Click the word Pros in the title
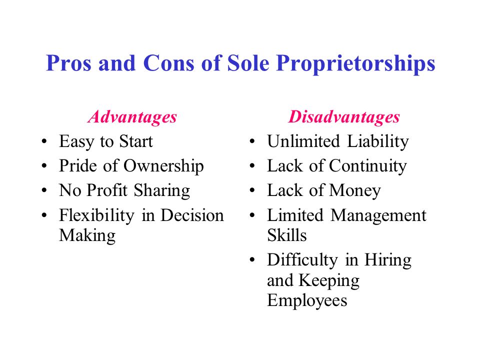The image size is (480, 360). (x=66, y=64)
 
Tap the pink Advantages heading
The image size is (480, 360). (x=132, y=116)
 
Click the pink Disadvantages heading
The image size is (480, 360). (x=343, y=116)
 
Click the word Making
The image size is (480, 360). (x=87, y=235)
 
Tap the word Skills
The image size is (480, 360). (x=287, y=235)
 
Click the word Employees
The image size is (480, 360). (x=307, y=300)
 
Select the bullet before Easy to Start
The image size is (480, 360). (x=46, y=142)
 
